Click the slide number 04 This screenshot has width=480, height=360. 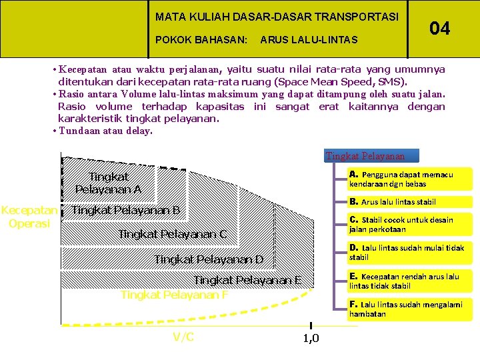(x=439, y=28)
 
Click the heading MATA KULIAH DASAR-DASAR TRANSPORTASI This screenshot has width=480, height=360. (x=277, y=17)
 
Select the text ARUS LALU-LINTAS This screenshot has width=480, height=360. (x=309, y=40)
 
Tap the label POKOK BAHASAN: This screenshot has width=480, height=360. (x=201, y=40)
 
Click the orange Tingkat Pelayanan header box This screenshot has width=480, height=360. (x=365, y=156)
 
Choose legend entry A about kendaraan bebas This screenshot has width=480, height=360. (x=401, y=179)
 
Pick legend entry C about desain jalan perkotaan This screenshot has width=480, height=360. (x=401, y=224)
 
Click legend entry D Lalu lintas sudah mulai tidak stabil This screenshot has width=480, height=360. (x=407, y=252)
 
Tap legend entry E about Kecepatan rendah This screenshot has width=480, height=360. (x=404, y=281)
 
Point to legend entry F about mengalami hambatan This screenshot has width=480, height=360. (x=405, y=309)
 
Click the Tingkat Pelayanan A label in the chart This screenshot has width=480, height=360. (x=108, y=183)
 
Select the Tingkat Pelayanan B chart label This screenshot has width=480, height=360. (x=126, y=211)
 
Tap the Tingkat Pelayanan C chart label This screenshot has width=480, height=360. (x=173, y=234)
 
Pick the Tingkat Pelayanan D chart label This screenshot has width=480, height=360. (x=209, y=259)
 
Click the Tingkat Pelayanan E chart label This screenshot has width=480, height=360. (x=247, y=280)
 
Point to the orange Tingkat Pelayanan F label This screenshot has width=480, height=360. (x=174, y=295)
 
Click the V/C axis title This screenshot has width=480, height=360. (x=183, y=337)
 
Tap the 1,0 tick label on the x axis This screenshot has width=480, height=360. (x=311, y=339)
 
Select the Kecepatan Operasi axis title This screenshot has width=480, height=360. (x=29, y=217)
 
